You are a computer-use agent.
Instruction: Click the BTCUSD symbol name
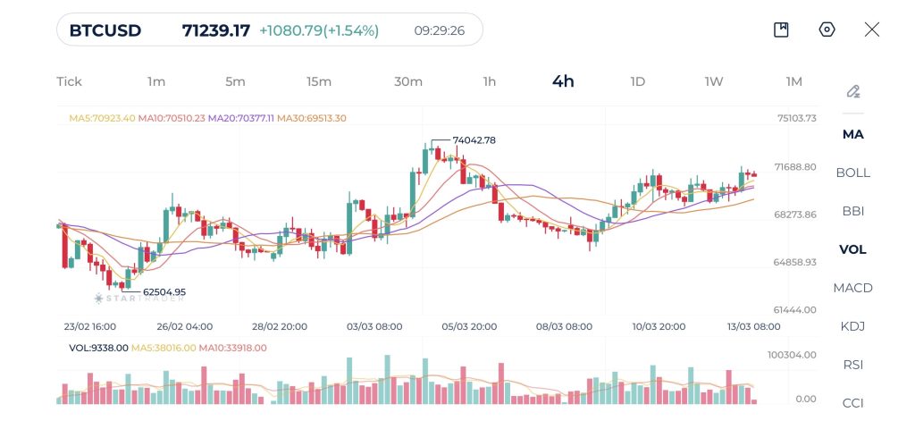click(x=105, y=30)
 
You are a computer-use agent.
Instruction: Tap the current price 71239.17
click(x=215, y=30)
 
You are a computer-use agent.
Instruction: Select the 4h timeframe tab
click(x=563, y=81)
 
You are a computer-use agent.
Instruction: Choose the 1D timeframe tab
click(x=637, y=81)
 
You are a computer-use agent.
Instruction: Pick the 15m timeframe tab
click(x=319, y=81)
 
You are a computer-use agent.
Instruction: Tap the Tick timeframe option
click(x=69, y=81)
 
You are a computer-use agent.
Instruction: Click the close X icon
click(x=872, y=29)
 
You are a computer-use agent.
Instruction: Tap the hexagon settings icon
click(x=827, y=29)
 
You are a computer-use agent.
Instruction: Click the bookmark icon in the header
click(x=781, y=29)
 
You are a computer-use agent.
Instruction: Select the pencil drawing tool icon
click(x=853, y=91)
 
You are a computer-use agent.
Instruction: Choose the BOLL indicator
click(x=852, y=173)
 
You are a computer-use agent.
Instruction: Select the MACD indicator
click(x=852, y=288)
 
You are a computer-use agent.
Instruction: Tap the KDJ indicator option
click(x=852, y=326)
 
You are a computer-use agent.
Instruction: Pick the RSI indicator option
click(x=852, y=365)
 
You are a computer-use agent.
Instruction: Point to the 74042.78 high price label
click(x=474, y=140)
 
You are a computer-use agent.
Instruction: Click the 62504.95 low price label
click(x=164, y=291)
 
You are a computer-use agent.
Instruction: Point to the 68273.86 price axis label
click(x=795, y=215)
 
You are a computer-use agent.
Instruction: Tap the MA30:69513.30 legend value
click(x=312, y=118)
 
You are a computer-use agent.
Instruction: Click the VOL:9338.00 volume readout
click(x=98, y=348)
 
